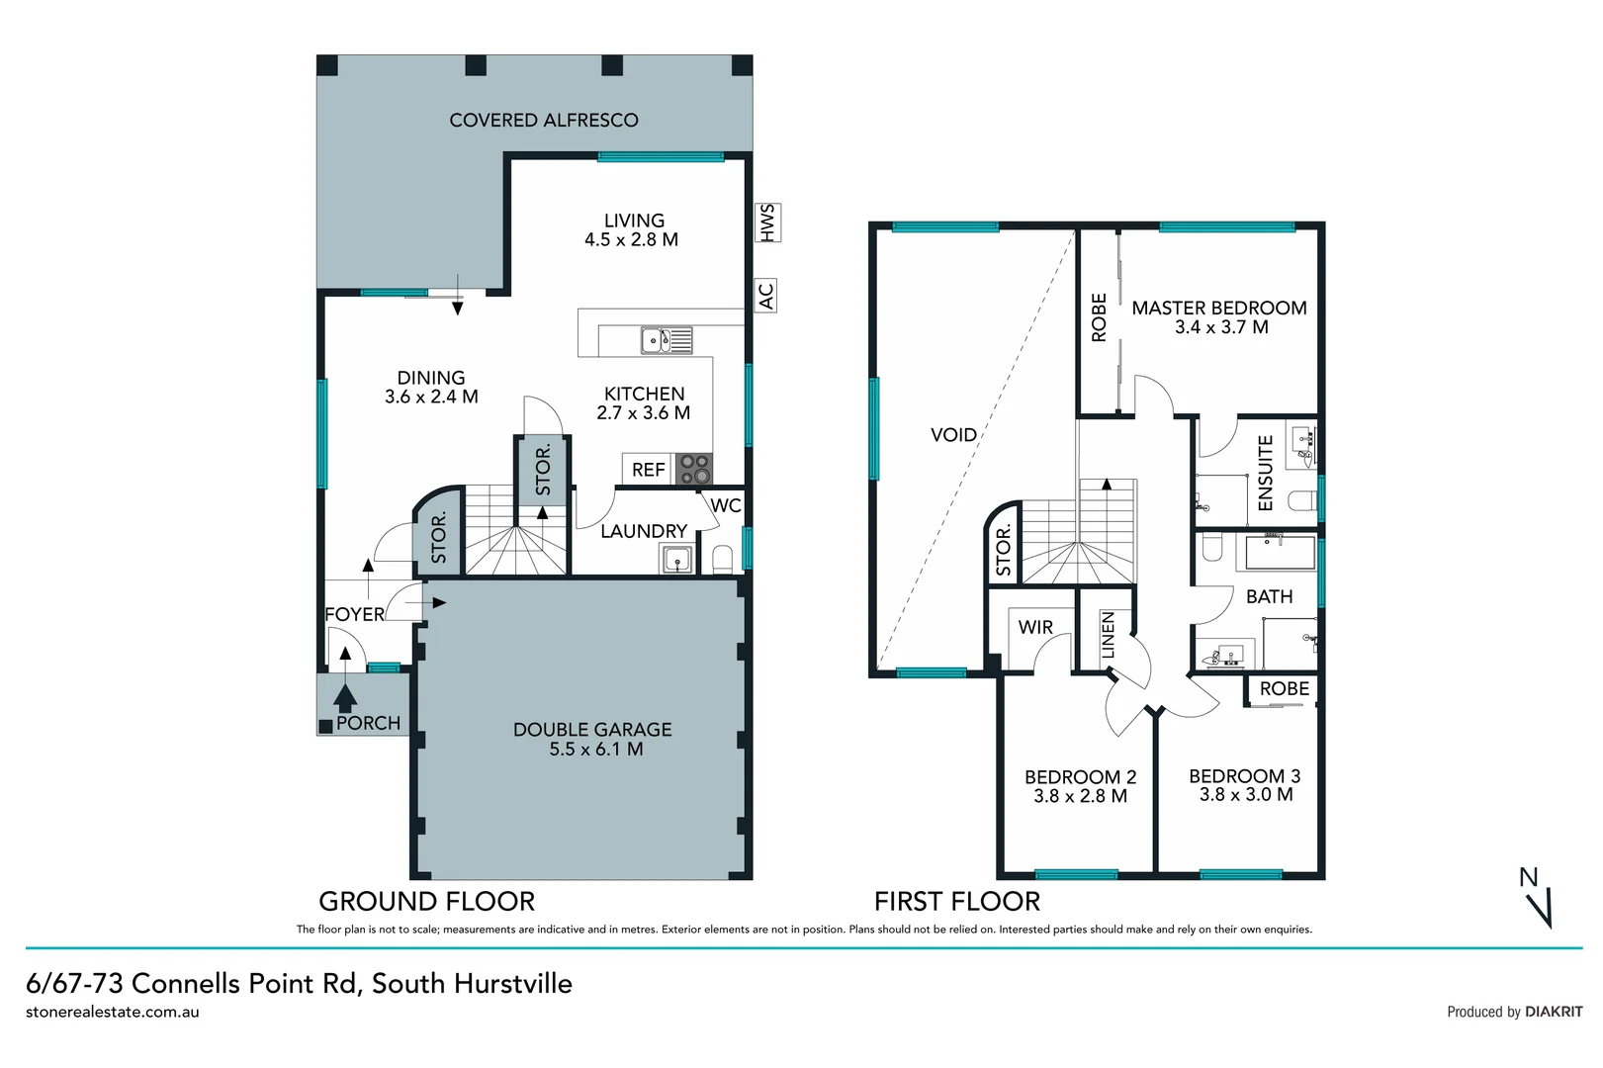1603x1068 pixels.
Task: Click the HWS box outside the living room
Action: coord(766,222)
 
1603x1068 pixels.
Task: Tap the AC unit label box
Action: coord(766,296)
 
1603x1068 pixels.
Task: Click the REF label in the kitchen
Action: coord(648,470)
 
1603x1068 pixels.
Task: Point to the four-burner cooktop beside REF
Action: coord(694,469)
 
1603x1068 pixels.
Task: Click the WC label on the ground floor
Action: coord(726,505)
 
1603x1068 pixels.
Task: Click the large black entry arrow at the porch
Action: coord(345,697)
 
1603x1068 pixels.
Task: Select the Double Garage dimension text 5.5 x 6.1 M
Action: coord(596,750)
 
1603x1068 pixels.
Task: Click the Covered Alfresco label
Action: coord(543,121)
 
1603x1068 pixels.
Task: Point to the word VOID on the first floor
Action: coord(953,435)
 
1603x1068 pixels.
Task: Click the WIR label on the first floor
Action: coord(1035,627)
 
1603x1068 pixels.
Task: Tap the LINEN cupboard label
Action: coord(1108,635)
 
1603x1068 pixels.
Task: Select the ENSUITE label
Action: coord(1265,473)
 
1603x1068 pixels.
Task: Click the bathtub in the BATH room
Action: coord(1280,553)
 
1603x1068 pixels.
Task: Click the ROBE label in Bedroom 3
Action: coord(1284,689)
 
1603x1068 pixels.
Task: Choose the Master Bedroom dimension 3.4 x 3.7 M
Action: coord(1221,327)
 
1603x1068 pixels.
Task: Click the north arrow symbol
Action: coord(1539,900)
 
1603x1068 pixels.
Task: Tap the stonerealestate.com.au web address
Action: coord(113,1012)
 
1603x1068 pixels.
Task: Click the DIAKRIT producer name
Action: coord(1553,1012)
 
